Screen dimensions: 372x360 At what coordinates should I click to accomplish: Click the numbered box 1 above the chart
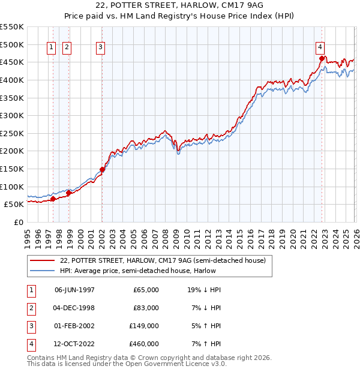(x=51, y=47)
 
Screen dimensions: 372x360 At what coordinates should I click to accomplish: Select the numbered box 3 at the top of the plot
(x=100, y=47)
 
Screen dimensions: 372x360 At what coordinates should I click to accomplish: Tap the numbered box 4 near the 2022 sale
(x=320, y=47)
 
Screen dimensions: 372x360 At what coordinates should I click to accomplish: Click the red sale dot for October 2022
(x=322, y=58)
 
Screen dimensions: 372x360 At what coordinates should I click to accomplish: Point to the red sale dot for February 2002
(x=102, y=169)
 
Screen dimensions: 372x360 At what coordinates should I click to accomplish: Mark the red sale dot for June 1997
(x=53, y=199)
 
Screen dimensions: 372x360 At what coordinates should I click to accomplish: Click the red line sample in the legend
(x=43, y=260)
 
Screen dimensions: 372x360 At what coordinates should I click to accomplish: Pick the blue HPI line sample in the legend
(x=43, y=271)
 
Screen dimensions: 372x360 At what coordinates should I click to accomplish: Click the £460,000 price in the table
(x=145, y=344)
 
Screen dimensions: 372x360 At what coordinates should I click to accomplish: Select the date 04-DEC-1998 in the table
(x=74, y=308)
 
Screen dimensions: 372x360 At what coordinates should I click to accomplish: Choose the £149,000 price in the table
(x=145, y=326)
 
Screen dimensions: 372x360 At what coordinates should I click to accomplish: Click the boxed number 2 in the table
(x=31, y=308)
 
